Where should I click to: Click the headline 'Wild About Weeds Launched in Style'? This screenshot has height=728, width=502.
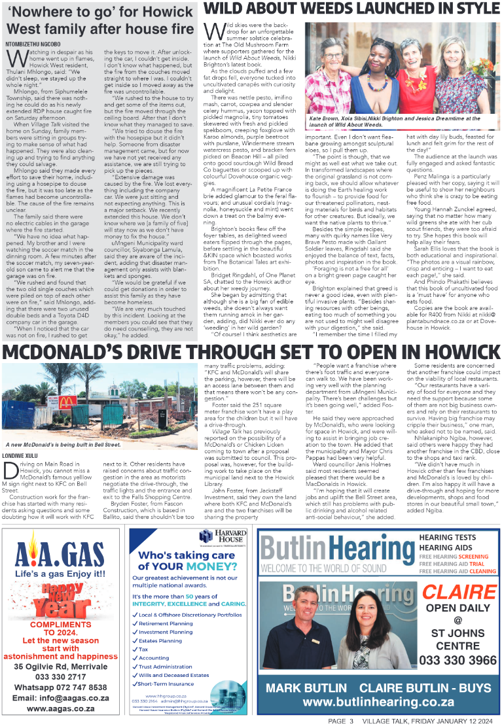tap(351, 9)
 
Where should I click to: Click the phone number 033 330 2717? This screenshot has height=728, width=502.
tap(62, 676)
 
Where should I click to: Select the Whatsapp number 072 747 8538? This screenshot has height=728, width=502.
tap(62, 687)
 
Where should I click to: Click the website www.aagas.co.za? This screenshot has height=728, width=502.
tap(62, 708)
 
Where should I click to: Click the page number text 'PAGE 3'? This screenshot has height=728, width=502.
tap(341, 720)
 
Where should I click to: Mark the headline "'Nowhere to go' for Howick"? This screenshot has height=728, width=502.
tap(98, 11)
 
